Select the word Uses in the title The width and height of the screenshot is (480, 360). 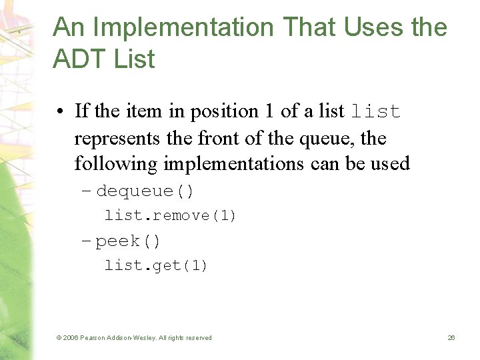point(369,28)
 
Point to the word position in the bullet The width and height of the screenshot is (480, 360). point(225,111)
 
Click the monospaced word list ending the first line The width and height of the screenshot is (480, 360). point(375,112)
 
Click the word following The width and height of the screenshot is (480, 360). point(114,163)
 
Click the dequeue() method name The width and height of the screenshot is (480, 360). point(145,192)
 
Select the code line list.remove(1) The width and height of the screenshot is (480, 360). point(171,216)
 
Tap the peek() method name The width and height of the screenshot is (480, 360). point(128,241)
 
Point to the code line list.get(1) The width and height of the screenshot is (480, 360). point(156,266)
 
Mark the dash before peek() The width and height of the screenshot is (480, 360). point(86,241)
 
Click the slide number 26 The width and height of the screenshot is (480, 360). point(451,338)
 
